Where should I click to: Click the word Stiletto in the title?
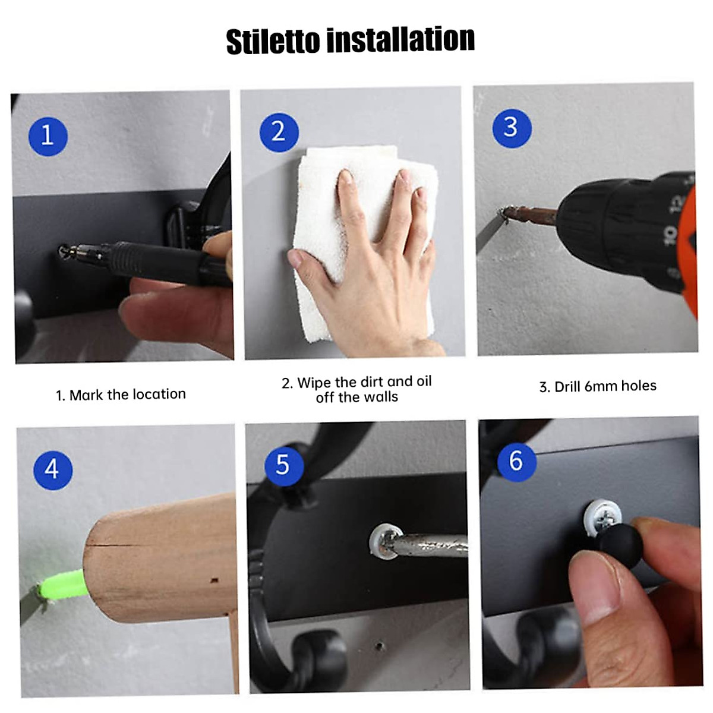tap(273, 40)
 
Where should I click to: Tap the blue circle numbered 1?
tap(48, 136)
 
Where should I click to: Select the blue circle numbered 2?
tap(279, 132)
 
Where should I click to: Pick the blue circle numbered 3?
tap(512, 128)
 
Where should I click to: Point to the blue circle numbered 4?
tap(52, 470)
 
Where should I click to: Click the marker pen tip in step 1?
tap(63, 251)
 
